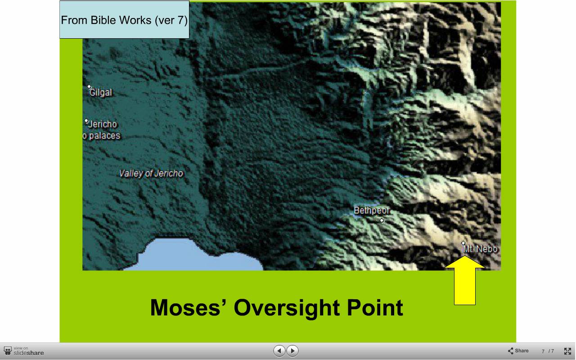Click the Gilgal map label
100,93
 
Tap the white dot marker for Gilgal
89,87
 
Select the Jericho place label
103,125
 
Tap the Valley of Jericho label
151,174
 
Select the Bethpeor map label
372,211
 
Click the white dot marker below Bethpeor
382,220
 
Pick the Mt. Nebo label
480,249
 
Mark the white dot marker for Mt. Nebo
463,243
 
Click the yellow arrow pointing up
465,280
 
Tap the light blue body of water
195,256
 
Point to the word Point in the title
375,307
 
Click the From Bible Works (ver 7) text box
125,20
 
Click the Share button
518,351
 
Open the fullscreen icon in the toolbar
567,351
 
